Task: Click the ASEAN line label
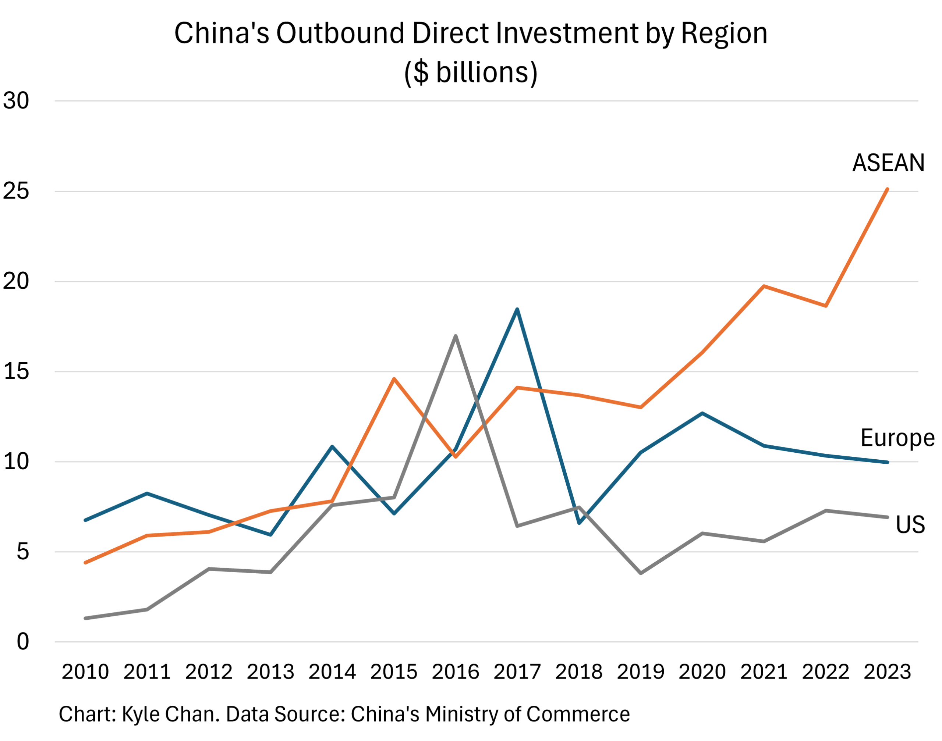click(x=888, y=163)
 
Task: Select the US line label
click(x=910, y=524)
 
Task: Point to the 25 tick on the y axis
click(x=16, y=191)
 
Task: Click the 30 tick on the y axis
click(x=16, y=101)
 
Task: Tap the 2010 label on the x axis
click(x=85, y=671)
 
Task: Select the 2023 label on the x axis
click(x=887, y=671)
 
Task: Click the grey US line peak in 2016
click(x=456, y=336)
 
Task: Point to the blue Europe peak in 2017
click(x=517, y=309)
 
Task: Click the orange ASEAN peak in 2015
click(x=394, y=379)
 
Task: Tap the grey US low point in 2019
click(x=641, y=573)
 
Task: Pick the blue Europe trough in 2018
click(x=579, y=523)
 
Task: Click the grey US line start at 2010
click(x=85, y=618)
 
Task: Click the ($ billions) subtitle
click(x=471, y=72)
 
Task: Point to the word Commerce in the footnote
click(x=578, y=714)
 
